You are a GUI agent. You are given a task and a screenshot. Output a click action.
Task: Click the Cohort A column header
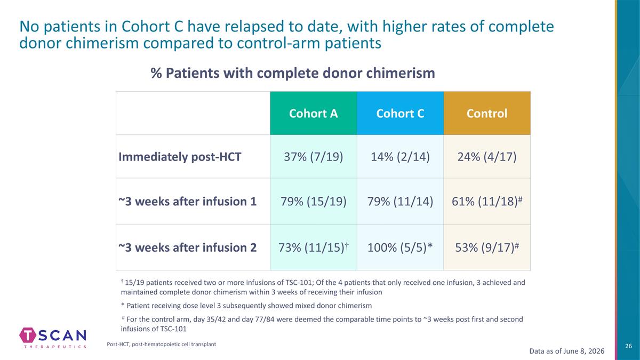tap(314, 114)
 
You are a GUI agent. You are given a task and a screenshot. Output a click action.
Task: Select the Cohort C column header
tap(401, 114)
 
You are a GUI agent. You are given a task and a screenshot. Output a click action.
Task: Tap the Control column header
tap(487, 114)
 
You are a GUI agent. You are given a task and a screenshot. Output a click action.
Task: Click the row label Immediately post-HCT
tap(180, 157)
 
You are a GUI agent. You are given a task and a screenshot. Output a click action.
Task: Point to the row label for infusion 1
tap(187, 202)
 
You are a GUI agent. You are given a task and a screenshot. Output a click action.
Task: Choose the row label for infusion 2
tap(187, 247)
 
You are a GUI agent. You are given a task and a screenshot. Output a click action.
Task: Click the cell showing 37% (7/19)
tap(314, 157)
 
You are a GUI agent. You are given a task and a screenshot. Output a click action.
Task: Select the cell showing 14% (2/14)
tap(401, 157)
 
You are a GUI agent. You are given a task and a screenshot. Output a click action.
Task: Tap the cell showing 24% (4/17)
tap(487, 157)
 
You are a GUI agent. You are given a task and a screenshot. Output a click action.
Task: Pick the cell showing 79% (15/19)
tap(314, 202)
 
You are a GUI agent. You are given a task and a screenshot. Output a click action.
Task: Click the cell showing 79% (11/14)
tap(401, 202)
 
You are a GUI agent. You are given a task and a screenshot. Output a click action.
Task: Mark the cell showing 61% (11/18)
tap(487, 202)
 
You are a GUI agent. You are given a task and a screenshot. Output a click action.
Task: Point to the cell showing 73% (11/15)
tap(314, 247)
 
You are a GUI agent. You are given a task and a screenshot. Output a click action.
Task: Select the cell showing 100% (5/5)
tap(401, 247)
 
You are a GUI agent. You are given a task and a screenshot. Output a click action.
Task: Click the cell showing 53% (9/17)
tap(487, 247)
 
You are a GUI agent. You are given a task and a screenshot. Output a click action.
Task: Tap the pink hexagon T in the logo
tap(28, 335)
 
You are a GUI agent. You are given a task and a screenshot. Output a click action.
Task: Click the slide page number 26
tap(629, 346)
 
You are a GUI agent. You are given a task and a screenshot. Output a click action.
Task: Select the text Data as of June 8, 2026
tap(567, 351)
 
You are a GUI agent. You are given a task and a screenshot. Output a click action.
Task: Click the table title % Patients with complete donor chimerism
tap(293, 73)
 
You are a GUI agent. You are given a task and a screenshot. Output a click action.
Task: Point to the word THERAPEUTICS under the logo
tap(55, 347)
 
